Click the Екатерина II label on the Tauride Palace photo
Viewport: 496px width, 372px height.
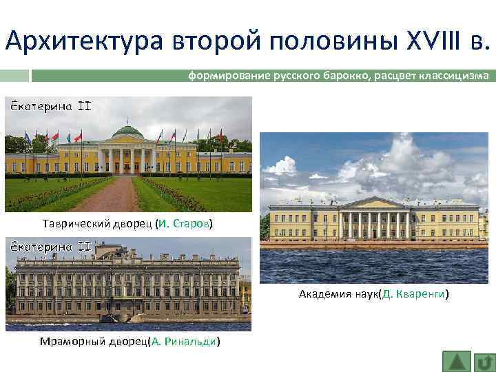point(49,107)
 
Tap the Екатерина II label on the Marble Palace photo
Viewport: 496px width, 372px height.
point(49,247)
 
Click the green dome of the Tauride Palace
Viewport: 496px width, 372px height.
point(127,130)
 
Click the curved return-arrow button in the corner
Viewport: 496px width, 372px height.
point(485,361)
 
